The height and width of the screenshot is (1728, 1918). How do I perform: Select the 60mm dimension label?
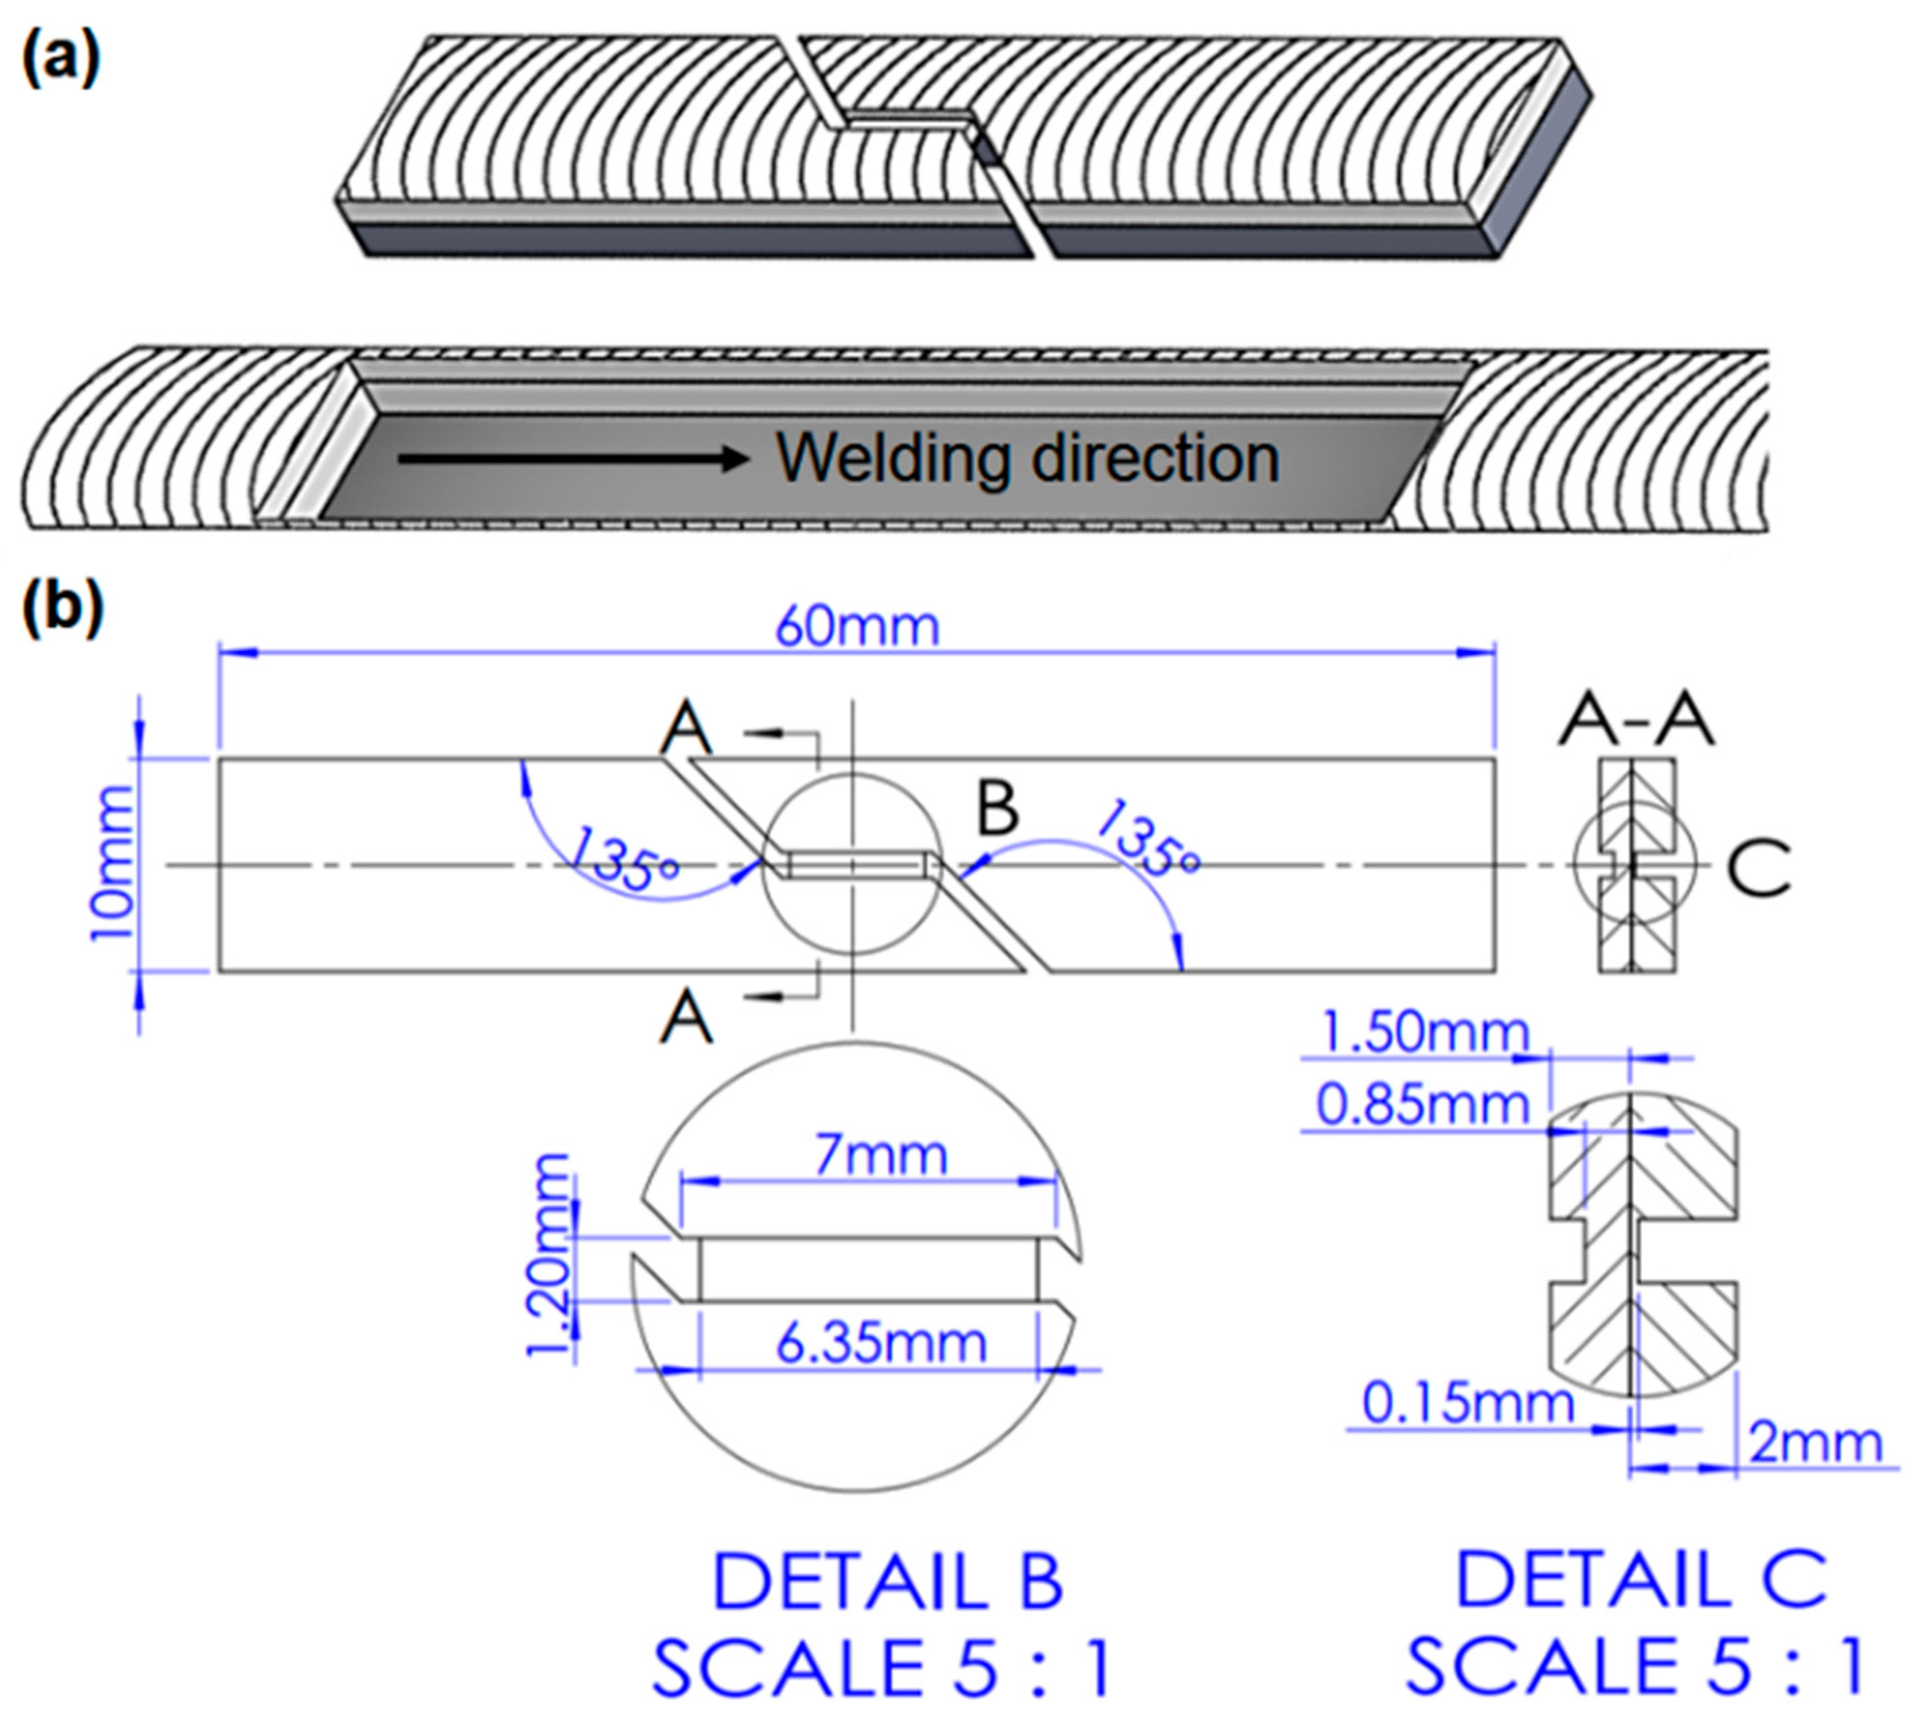tap(857, 627)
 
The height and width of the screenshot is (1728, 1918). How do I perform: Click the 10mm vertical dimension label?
tap(111, 864)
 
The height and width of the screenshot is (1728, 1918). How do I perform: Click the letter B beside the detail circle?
tap(997, 808)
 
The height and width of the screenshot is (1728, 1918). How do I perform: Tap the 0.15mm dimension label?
tap(1468, 1403)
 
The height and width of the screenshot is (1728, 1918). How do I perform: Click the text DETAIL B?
tap(887, 1582)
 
